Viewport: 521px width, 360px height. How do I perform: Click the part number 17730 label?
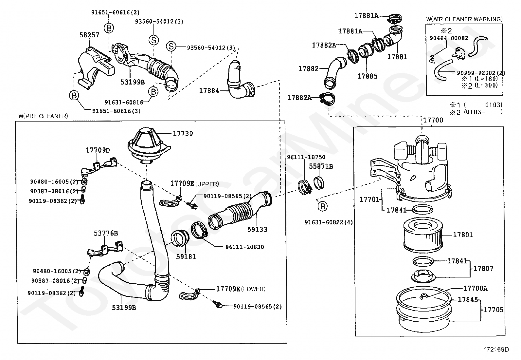183,134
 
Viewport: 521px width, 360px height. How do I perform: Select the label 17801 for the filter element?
463,235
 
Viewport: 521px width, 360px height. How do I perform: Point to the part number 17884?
209,91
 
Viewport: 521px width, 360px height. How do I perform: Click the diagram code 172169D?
496,350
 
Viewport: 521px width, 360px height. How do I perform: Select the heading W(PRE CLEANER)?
43,116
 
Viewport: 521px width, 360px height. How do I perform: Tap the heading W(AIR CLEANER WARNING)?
464,19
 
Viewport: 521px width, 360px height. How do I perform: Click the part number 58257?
89,35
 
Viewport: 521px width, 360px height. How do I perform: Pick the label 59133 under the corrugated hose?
257,229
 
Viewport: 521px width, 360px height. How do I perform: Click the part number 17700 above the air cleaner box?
433,120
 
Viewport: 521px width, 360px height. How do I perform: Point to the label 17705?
494,310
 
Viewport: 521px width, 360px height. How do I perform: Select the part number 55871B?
321,166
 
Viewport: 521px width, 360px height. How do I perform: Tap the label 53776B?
106,233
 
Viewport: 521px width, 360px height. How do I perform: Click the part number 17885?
367,76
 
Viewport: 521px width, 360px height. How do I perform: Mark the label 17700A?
475,289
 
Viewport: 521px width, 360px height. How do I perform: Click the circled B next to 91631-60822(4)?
323,206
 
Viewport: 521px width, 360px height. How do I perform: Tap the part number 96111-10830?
244,247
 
